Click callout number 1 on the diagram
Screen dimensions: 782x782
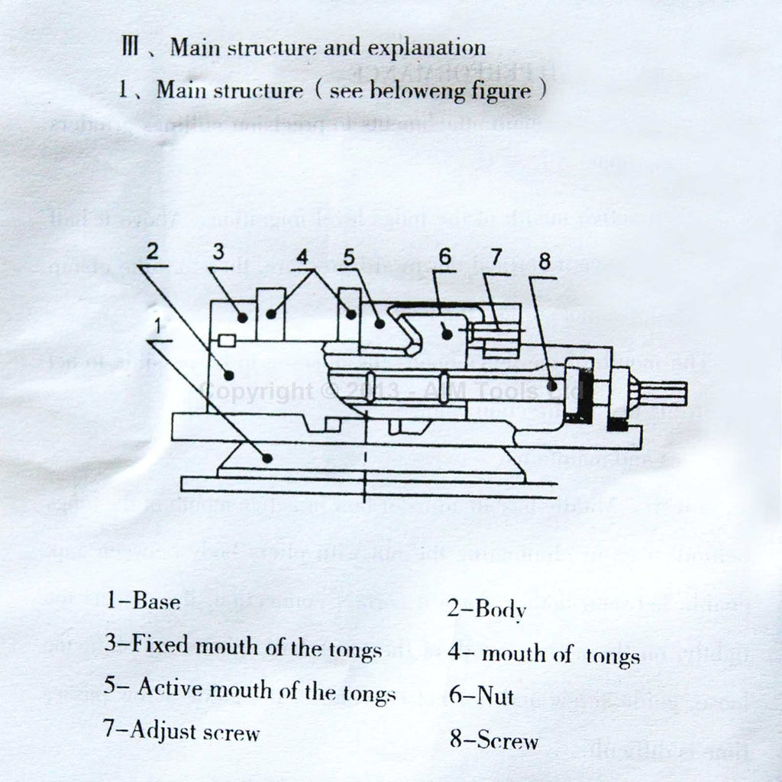tap(157, 327)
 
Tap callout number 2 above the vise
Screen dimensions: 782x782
tap(153, 252)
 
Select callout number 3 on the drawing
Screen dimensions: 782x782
tap(219, 254)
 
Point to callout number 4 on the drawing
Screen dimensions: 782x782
tap(305, 257)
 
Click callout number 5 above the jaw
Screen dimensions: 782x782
tap(349, 257)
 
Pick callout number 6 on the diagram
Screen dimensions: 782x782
tap(445, 257)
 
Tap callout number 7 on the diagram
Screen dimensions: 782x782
tap(497, 257)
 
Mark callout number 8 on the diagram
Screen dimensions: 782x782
tap(544, 261)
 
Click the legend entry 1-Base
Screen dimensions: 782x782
tap(144, 601)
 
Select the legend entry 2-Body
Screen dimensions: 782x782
tap(486, 609)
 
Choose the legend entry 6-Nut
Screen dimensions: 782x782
tap(481, 696)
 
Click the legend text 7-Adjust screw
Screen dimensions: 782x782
tap(182, 732)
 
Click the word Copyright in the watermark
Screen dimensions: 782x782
tap(254, 392)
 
